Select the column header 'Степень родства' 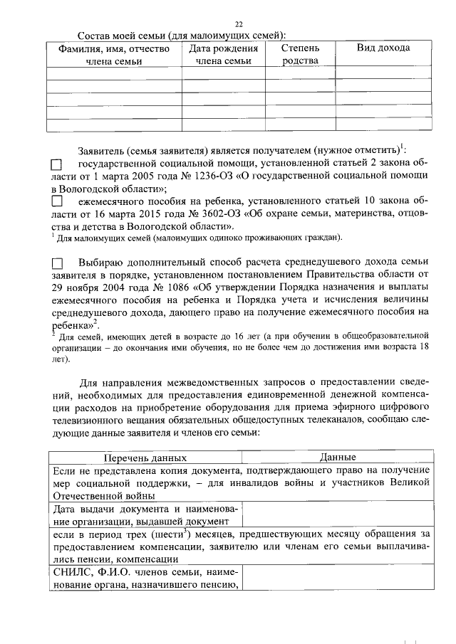299,54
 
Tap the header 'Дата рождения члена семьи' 222,54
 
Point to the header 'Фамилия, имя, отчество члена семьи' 113,54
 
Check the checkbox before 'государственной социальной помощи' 57,164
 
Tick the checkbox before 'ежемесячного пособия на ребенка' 57,201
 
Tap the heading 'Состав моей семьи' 121,35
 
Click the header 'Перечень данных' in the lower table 145,458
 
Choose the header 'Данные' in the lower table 337,458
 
